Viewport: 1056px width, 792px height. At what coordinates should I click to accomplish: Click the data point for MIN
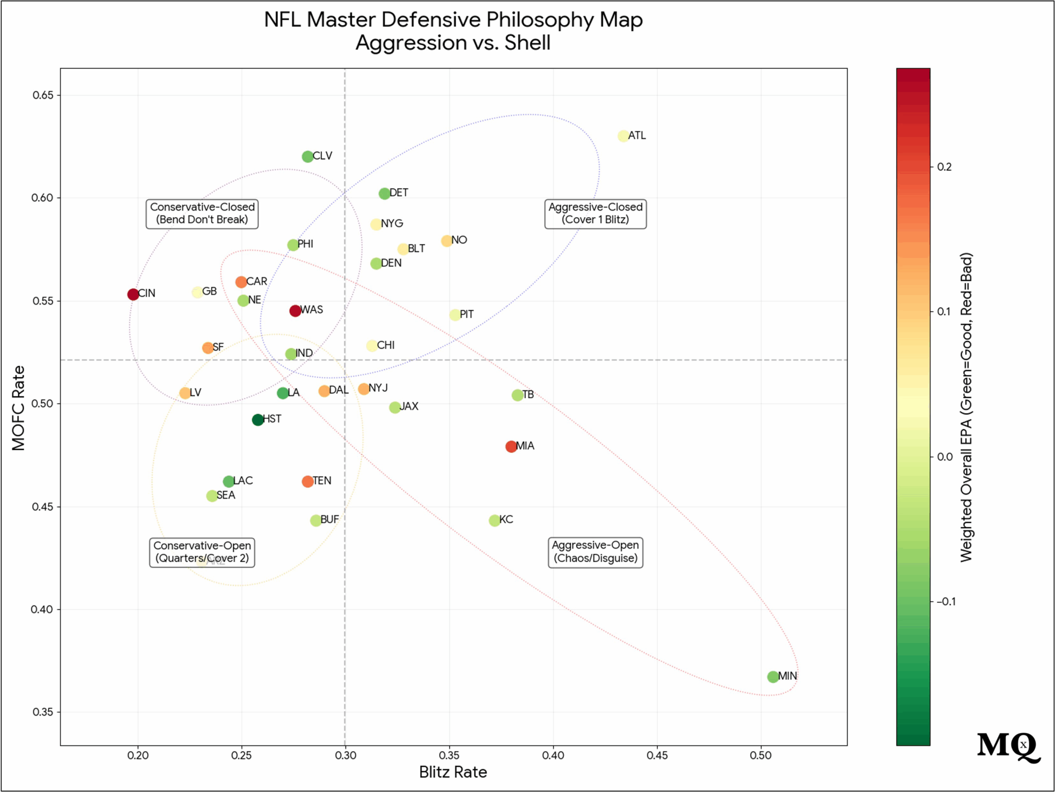coord(773,676)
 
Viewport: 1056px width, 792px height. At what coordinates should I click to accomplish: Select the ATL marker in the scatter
coord(623,136)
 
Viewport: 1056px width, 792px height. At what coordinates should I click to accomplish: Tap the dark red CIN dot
coord(133,294)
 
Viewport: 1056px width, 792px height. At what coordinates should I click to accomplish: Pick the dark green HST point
coord(258,420)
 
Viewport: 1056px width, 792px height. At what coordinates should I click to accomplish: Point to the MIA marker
coord(511,446)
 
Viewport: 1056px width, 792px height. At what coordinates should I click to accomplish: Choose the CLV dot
coord(307,157)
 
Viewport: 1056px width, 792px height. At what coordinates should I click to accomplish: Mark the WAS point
coord(295,311)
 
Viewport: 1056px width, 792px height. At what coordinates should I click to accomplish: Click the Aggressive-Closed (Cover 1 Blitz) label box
coord(595,213)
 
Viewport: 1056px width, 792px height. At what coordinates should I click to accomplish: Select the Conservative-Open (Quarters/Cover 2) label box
coord(202,552)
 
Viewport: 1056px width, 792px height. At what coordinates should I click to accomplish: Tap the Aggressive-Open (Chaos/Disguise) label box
coord(595,552)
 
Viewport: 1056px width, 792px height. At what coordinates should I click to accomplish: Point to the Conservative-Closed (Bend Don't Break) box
coord(202,213)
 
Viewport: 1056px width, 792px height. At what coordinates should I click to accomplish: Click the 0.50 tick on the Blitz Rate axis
coord(761,755)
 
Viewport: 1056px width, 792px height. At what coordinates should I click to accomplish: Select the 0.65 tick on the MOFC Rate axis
coord(43,95)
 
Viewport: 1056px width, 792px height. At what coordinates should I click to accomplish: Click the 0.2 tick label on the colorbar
coord(944,167)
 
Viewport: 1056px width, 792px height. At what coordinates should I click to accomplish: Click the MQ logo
coord(1008,746)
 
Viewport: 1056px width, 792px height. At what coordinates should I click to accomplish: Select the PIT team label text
coord(467,314)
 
